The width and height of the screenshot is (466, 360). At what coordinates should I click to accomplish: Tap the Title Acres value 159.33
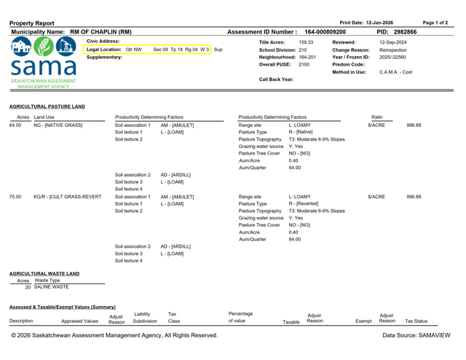pos(306,42)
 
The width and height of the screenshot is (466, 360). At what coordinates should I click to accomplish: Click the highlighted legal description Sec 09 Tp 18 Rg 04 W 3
pos(182,50)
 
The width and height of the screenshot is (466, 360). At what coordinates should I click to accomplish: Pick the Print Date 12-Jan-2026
pos(390,23)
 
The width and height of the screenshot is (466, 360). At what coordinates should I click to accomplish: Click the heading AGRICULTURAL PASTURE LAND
pos(47,106)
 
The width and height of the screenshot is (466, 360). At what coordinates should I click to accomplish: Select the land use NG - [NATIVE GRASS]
pos(58,125)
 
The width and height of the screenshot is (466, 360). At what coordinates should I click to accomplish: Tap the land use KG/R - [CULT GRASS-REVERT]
pos(68,197)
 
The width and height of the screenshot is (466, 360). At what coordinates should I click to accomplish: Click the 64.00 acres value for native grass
pos(16,125)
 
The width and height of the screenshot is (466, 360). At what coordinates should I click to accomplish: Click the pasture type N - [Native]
pos(303,133)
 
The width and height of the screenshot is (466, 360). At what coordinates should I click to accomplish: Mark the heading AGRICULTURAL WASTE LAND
pos(44,273)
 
